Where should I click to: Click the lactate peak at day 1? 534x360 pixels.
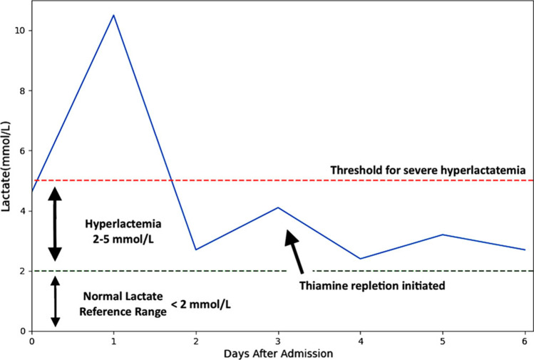pyautogui.click(x=113, y=15)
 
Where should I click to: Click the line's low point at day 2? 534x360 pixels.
pyautogui.click(x=195, y=250)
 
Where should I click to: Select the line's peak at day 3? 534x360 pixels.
pyautogui.click(x=278, y=207)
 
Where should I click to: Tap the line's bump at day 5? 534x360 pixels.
pyautogui.click(x=443, y=235)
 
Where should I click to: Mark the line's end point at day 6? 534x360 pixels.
pyautogui.click(x=525, y=250)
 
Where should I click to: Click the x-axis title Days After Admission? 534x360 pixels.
pyautogui.click(x=278, y=353)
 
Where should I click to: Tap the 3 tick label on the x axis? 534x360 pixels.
pyautogui.click(x=278, y=341)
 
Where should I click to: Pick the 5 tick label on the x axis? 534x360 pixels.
pyautogui.click(x=443, y=341)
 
